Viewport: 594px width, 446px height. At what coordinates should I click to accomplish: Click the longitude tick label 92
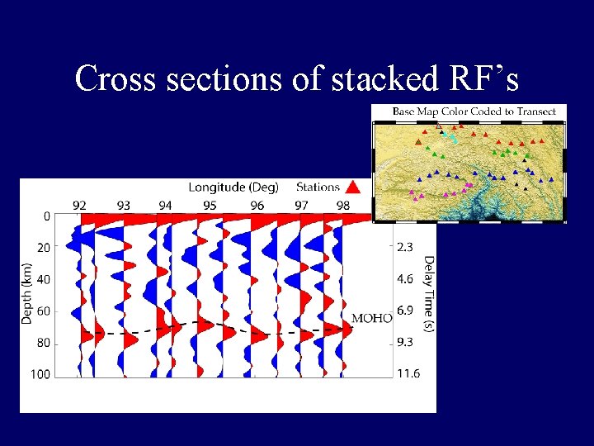coord(79,205)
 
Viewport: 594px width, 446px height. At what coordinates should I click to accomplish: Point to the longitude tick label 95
coord(210,205)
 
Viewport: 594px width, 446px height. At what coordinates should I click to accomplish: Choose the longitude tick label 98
coord(342,205)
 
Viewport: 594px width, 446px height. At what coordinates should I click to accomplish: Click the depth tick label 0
coord(46,216)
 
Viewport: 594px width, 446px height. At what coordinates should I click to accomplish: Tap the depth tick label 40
coord(43,279)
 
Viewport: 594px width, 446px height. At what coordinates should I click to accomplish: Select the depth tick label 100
coord(40,374)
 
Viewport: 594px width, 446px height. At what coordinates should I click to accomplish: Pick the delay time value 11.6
coord(408,374)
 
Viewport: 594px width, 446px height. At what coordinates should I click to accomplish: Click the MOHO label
coord(372,318)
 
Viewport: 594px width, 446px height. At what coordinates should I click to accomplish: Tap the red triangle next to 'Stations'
coord(352,187)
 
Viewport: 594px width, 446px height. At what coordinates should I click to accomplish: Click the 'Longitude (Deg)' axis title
coord(233,187)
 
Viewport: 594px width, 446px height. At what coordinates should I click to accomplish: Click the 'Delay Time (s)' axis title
coord(429,294)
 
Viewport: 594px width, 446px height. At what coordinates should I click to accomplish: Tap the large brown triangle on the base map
coord(419,142)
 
